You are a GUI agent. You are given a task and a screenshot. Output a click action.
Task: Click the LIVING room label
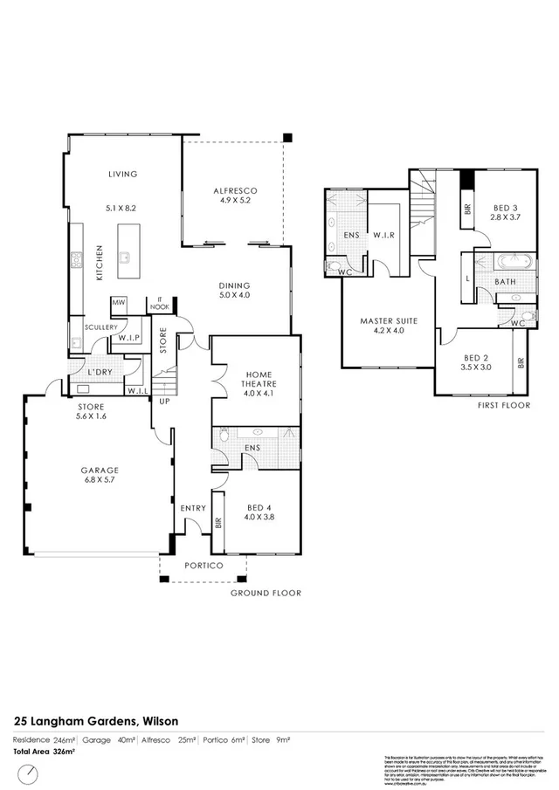[122, 174]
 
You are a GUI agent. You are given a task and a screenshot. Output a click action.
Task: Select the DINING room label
[233, 285]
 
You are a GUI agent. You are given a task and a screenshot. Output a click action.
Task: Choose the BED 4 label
[260, 507]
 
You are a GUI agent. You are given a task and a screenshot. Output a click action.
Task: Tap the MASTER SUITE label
[388, 321]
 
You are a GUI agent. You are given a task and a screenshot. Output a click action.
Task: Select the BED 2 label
[477, 358]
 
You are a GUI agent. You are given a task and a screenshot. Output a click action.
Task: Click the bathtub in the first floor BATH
[507, 260]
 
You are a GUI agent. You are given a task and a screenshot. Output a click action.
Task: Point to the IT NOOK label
[159, 303]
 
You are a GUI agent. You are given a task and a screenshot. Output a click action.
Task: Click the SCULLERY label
[100, 326]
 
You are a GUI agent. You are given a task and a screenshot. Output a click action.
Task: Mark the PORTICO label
[203, 565]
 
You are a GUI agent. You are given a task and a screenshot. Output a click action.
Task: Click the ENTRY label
[192, 508]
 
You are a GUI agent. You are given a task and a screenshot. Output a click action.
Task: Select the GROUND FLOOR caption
[266, 593]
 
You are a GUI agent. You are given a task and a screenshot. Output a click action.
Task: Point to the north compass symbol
[30, 773]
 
